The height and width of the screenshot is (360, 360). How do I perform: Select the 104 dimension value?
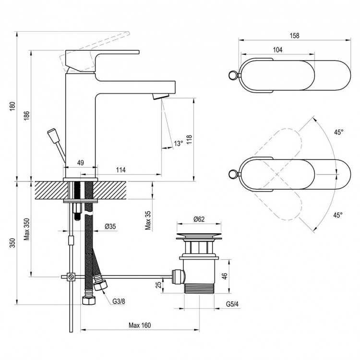point(277,50)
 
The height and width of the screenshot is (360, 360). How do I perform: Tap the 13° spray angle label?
point(178,143)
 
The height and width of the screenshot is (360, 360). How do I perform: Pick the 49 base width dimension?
point(81,163)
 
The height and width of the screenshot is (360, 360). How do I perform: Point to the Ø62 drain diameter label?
point(200,219)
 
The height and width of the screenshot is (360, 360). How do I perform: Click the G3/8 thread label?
point(120,300)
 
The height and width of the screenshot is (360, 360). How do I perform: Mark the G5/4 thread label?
point(233,303)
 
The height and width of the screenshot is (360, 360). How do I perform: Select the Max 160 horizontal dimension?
point(140,325)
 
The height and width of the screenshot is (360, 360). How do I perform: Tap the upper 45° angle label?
point(339,132)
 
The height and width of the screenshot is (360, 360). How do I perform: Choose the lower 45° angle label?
point(338,215)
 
